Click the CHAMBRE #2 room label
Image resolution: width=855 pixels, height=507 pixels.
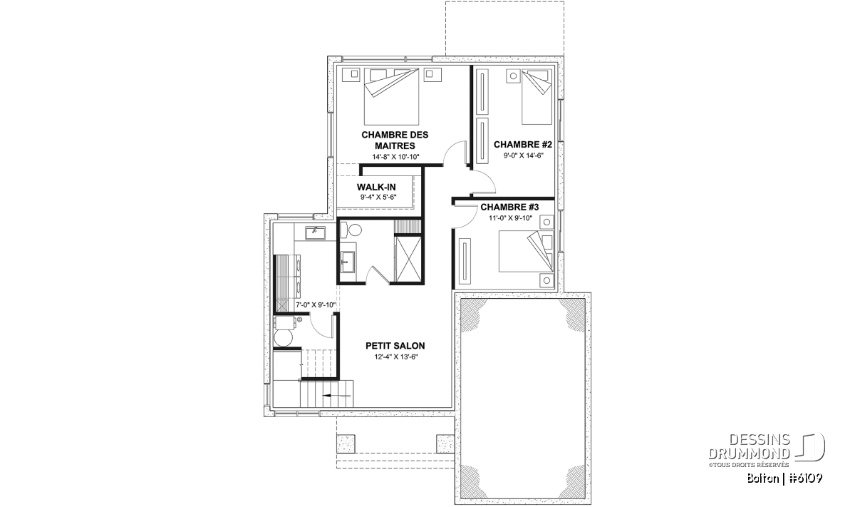522,145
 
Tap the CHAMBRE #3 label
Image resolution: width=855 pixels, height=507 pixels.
509,207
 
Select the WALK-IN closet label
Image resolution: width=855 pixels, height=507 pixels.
376,188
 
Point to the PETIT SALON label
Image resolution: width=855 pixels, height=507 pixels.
395,346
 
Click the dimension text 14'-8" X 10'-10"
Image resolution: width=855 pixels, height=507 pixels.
395,157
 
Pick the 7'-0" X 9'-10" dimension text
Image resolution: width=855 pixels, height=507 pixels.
316,305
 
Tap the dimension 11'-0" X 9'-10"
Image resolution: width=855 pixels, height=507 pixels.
510,218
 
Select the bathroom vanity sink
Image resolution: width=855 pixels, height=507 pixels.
348,262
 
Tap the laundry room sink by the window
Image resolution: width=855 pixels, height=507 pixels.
315,232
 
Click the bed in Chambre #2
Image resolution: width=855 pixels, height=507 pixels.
537,97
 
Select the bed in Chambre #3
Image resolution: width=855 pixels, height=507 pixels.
526,251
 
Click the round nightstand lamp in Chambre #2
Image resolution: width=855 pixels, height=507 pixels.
514,76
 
